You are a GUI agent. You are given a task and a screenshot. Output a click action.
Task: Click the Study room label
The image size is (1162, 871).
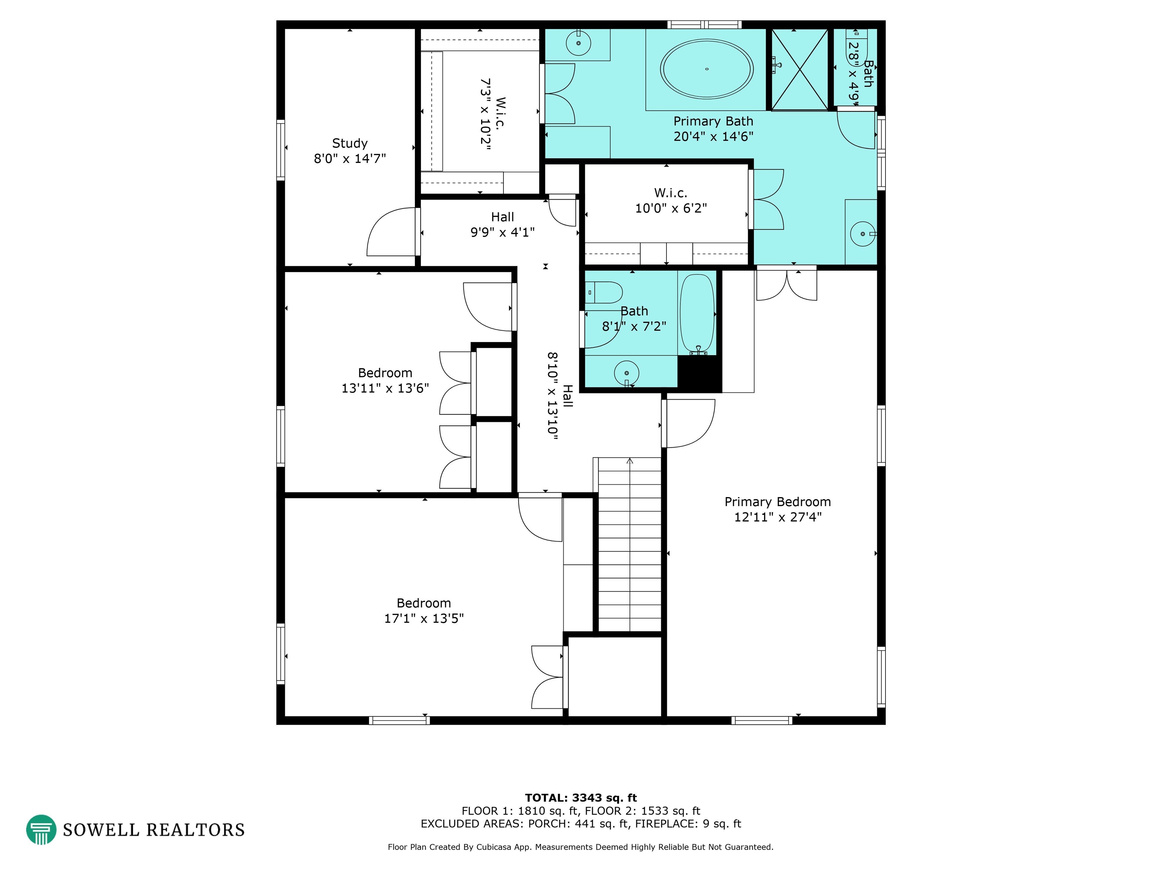pyautogui.click(x=350, y=143)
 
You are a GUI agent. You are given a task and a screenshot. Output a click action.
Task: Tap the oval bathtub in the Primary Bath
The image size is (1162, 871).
pyautogui.click(x=707, y=69)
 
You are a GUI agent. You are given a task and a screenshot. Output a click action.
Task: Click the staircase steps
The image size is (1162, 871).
pyautogui.click(x=629, y=544)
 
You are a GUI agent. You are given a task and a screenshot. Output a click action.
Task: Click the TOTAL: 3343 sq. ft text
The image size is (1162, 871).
pyautogui.click(x=581, y=798)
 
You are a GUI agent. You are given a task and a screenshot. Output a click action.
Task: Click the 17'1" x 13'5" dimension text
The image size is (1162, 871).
pyautogui.click(x=424, y=618)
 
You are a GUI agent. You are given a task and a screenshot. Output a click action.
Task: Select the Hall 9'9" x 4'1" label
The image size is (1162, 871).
pyautogui.click(x=503, y=224)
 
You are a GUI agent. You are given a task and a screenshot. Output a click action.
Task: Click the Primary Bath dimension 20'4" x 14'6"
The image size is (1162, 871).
pyautogui.click(x=713, y=136)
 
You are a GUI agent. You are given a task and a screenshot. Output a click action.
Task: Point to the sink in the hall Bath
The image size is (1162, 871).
pyautogui.click(x=626, y=373)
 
